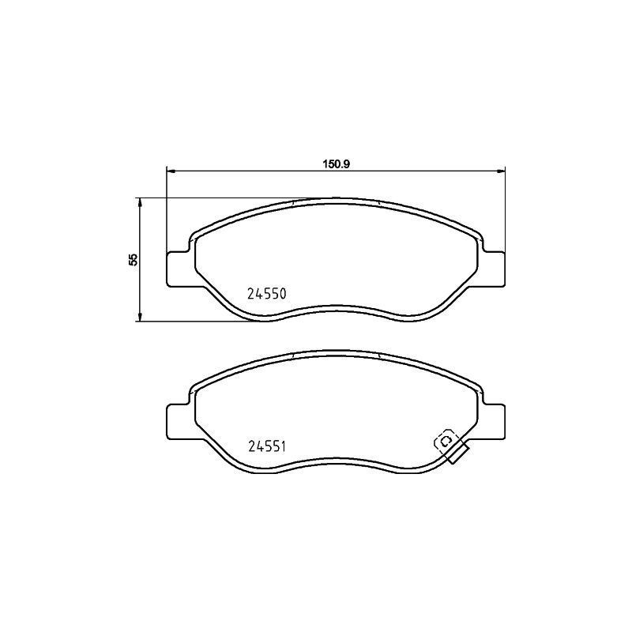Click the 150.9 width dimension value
pyautogui.click(x=336, y=164)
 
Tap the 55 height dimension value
pyautogui.click(x=134, y=260)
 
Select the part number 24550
pyautogui.click(x=266, y=293)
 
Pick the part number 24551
pyautogui.click(x=266, y=446)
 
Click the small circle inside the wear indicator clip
pyautogui.click(x=444, y=441)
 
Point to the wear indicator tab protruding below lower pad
pyautogui.click(x=457, y=454)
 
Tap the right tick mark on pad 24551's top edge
pyautogui.click(x=380, y=356)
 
